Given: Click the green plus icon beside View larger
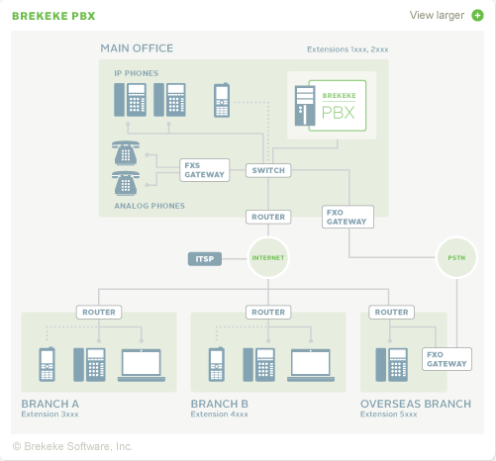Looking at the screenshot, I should (x=477, y=15).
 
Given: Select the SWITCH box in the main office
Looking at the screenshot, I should (x=267, y=170).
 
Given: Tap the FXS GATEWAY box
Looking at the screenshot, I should (x=205, y=170).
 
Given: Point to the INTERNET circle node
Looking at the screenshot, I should (x=267, y=259).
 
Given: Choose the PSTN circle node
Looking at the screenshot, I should (x=455, y=258).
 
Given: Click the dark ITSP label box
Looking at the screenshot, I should (x=204, y=259).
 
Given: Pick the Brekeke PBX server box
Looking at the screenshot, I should (x=327, y=104).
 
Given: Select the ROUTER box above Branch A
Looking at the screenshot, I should (x=99, y=312).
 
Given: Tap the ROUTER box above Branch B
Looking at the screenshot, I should (x=267, y=312).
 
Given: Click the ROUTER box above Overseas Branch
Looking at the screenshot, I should (x=389, y=312).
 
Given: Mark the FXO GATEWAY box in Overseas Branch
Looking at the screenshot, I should (x=446, y=358).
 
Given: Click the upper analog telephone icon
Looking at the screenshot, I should (x=126, y=152).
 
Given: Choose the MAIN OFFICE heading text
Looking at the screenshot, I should (x=137, y=48).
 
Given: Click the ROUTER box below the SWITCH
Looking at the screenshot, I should (x=267, y=217).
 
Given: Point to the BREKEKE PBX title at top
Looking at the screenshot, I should (x=53, y=16).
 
